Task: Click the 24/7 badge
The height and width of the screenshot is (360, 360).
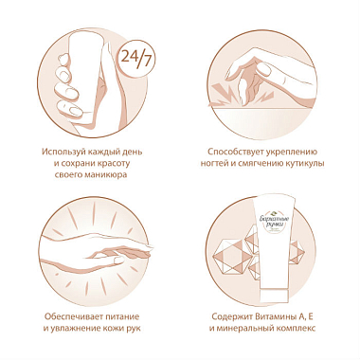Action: click(136, 59)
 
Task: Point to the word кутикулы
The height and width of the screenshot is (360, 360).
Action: click(305, 164)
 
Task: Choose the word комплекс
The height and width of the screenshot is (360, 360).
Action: click(296, 329)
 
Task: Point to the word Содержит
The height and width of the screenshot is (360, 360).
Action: click(231, 316)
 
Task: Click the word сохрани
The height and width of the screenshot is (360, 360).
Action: click(77, 164)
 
